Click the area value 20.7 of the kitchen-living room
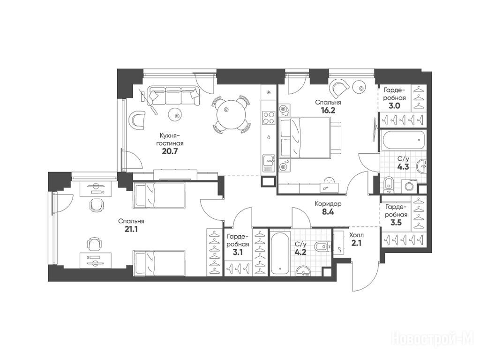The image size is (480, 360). click(x=170, y=151)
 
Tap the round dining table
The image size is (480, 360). click(x=231, y=114)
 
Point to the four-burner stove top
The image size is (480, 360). click(x=269, y=118)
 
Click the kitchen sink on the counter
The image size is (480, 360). click(x=269, y=163)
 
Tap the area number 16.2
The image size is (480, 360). click(x=328, y=110)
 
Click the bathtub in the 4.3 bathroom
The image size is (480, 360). click(x=404, y=140)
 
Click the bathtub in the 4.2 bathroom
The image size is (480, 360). click(x=280, y=253)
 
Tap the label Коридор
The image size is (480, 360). click(x=328, y=203)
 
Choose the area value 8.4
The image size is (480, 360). click(x=328, y=211)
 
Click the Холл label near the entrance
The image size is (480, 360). click(x=357, y=236)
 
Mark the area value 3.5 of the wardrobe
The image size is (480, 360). click(x=396, y=222)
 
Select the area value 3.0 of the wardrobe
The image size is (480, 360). click(x=395, y=106)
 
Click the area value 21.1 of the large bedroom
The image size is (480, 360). click(x=131, y=229)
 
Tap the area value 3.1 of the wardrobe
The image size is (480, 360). click(x=238, y=253)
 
